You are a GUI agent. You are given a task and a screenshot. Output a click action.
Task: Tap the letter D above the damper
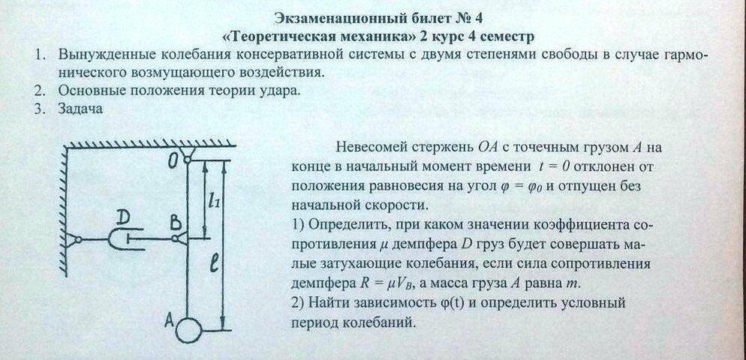click(125, 217)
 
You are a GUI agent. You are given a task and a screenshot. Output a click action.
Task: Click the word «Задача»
click(78, 109)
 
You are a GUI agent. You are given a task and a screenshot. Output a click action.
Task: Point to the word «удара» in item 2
click(274, 91)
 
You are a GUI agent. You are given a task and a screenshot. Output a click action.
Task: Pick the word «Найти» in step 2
click(326, 304)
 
